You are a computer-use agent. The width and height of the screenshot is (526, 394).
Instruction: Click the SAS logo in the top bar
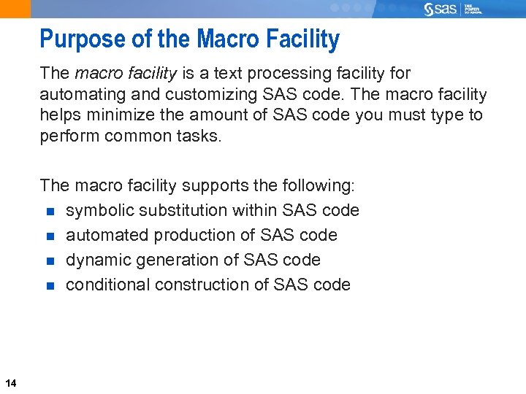pos(442,9)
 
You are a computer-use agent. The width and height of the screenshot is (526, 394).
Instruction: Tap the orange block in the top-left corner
pos(15,9)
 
